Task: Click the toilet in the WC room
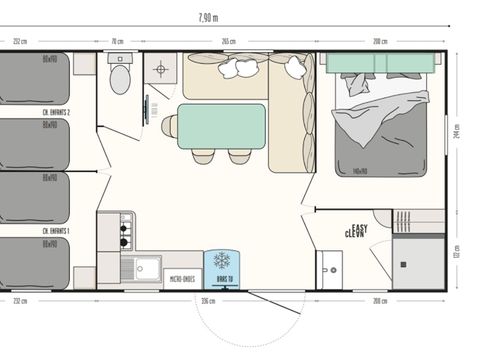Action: tap(120, 77)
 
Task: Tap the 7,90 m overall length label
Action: tap(208, 17)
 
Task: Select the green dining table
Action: tap(221, 125)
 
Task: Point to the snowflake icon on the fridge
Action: tap(218, 263)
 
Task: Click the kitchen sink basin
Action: tap(145, 268)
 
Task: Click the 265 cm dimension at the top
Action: tap(228, 41)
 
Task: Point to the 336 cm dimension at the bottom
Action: tap(208, 299)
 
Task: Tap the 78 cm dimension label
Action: tap(117, 41)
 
